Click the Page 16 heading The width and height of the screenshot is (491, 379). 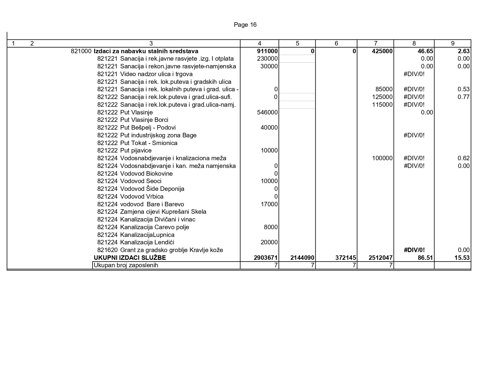click(245, 25)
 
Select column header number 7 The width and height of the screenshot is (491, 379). click(375, 43)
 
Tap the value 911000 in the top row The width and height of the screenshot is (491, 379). click(267, 51)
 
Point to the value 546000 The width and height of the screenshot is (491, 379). click(267, 112)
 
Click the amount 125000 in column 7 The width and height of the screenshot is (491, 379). click(382, 97)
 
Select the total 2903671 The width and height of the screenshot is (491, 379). click(266, 258)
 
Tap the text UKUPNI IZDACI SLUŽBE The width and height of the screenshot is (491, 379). click(130, 258)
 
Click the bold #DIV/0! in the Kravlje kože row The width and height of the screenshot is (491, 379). click(414, 250)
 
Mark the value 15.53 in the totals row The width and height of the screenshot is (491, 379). click(462, 258)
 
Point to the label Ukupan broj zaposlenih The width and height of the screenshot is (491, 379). click(126, 265)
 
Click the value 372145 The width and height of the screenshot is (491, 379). click(345, 258)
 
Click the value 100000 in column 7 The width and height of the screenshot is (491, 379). click(382, 158)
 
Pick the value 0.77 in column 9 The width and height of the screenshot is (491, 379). click(464, 97)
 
